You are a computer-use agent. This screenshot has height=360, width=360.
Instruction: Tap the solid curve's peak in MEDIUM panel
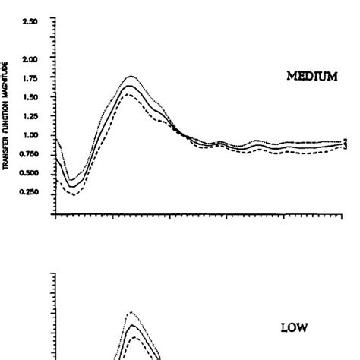pyautogui.click(x=131, y=86)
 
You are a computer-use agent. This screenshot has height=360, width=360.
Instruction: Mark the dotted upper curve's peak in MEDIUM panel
pyautogui.click(x=131, y=76)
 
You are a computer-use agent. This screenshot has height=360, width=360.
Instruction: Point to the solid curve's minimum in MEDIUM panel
pyautogui.click(x=71, y=186)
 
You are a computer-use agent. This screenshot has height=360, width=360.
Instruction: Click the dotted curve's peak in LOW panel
pyautogui.click(x=131, y=312)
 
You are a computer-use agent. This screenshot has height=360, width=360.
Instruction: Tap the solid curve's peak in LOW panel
pyautogui.click(x=132, y=325)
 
